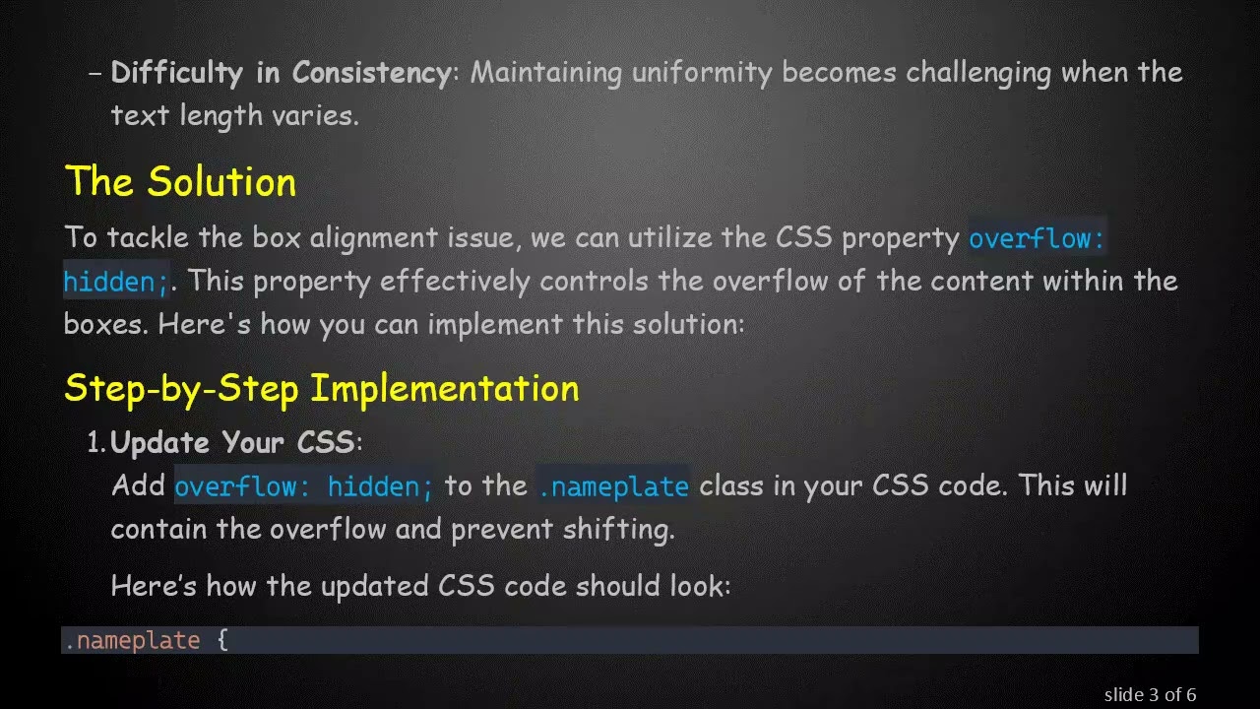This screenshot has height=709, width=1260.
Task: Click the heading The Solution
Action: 180,182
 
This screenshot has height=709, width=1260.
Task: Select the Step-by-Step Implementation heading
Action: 321,388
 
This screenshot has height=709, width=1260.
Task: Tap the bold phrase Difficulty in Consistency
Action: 280,73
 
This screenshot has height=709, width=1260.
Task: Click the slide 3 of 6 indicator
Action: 1150,694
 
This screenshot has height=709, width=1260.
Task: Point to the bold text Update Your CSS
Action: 232,442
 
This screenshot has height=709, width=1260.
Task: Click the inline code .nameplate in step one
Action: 612,486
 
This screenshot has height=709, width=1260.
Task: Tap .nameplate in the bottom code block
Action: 132,641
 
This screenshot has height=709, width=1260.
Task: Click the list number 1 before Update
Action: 95,442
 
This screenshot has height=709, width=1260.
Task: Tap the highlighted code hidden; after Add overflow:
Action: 380,486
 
